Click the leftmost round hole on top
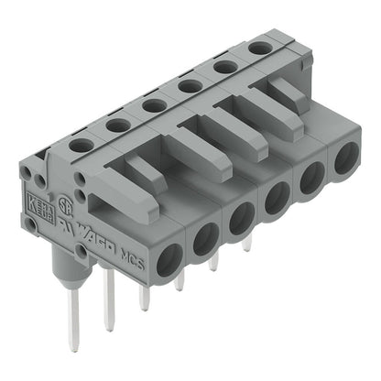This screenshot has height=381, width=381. coord(81,144)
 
